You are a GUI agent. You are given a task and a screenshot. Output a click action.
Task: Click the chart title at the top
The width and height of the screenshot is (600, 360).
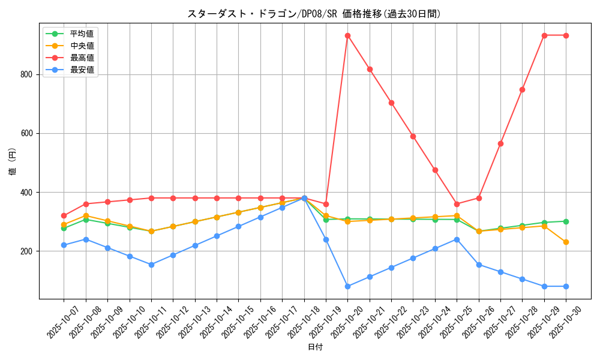point(314,14)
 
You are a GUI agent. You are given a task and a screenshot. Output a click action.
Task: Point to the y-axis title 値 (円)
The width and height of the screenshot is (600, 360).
point(13,162)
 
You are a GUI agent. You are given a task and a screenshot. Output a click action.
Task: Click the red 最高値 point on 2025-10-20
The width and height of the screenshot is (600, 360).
point(347,35)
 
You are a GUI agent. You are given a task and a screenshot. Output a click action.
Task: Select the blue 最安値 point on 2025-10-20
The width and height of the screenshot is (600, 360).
point(347,286)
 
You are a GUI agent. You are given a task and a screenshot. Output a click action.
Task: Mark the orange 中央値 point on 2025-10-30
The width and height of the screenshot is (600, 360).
point(566,242)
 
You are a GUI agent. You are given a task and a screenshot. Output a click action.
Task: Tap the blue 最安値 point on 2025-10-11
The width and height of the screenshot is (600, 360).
point(151,265)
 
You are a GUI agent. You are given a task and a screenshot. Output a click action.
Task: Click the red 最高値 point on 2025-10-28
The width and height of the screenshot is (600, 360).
point(522,89)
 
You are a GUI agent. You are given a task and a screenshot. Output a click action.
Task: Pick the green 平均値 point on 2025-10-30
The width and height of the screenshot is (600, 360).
point(566,221)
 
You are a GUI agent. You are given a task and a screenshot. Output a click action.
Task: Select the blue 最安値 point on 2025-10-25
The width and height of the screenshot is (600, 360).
point(457,239)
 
